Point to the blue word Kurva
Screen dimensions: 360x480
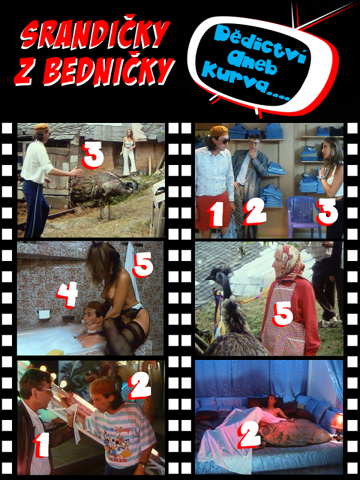point(245,84)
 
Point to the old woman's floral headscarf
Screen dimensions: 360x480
point(289,261)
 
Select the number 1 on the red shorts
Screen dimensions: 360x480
point(217,215)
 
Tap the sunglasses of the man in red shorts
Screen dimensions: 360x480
point(222,141)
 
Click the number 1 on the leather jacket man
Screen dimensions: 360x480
point(41,445)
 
